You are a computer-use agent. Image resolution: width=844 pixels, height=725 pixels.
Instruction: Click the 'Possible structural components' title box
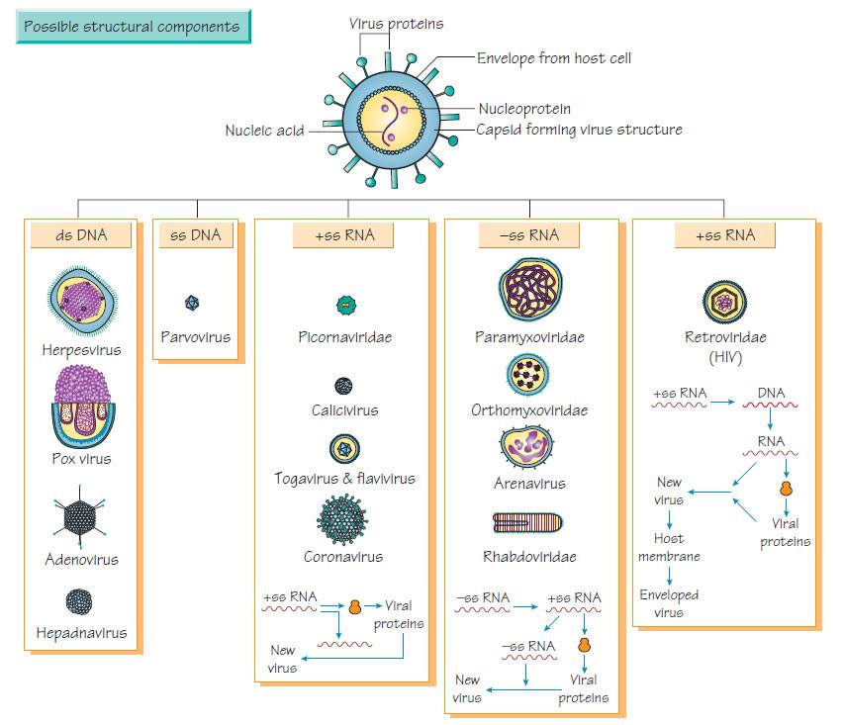[x=133, y=27]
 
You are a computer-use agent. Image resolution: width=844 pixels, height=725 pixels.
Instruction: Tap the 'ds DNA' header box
[x=81, y=235]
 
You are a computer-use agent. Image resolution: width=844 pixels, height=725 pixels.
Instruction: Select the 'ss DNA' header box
[x=196, y=235]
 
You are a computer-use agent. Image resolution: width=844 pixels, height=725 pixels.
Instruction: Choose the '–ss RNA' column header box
[x=529, y=235]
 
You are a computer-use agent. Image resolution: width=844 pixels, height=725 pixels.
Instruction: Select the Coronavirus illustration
[x=344, y=517]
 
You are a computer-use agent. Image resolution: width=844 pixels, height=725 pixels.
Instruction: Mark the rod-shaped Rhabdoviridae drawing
[x=528, y=522]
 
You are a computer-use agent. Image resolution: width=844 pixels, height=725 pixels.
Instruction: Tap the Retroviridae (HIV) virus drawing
[x=724, y=301]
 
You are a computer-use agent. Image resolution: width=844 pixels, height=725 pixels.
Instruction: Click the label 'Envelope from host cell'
[x=554, y=58]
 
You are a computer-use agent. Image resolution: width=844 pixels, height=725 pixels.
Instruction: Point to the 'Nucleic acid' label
[x=264, y=129]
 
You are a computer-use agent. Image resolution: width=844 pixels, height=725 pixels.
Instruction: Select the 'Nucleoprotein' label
[x=524, y=109]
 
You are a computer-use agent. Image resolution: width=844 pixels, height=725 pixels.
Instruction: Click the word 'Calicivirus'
[x=344, y=409]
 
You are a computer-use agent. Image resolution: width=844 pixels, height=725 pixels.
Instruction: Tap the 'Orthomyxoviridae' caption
[x=529, y=409]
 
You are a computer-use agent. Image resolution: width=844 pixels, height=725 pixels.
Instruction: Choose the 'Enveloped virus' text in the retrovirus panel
[x=669, y=603]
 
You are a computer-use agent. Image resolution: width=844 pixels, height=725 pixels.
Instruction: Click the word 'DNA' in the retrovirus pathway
[x=771, y=393]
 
